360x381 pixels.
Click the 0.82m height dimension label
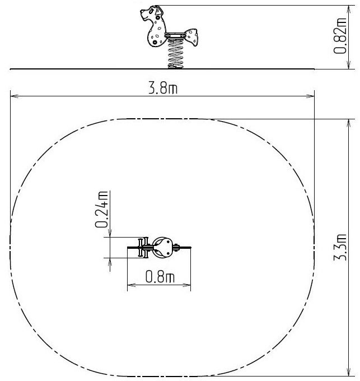[x=340, y=36]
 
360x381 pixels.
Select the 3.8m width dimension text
[x=163, y=88]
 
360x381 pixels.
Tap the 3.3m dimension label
[x=340, y=247]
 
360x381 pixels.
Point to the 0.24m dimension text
[x=101, y=210]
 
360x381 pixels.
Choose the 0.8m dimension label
[x=160, y=277]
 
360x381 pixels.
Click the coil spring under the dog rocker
[x=175, y=54]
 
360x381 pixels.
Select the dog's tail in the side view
[x=191, y=36]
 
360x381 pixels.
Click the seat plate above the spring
[x=175, y=35]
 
